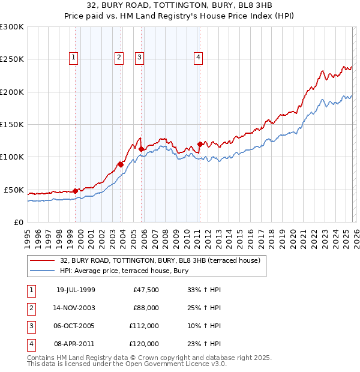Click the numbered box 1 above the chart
point(73,58)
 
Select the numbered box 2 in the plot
point(119,58)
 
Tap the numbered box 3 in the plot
point(139,58)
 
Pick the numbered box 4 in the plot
point(197,58)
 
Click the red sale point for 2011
point(200,144)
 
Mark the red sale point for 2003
point(121,164)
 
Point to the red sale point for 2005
point(141,149)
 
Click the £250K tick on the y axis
point(12,59)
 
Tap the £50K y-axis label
point(14,190)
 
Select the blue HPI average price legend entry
point(124,271)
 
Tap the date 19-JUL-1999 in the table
point(76,290)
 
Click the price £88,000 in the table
point(145,308)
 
